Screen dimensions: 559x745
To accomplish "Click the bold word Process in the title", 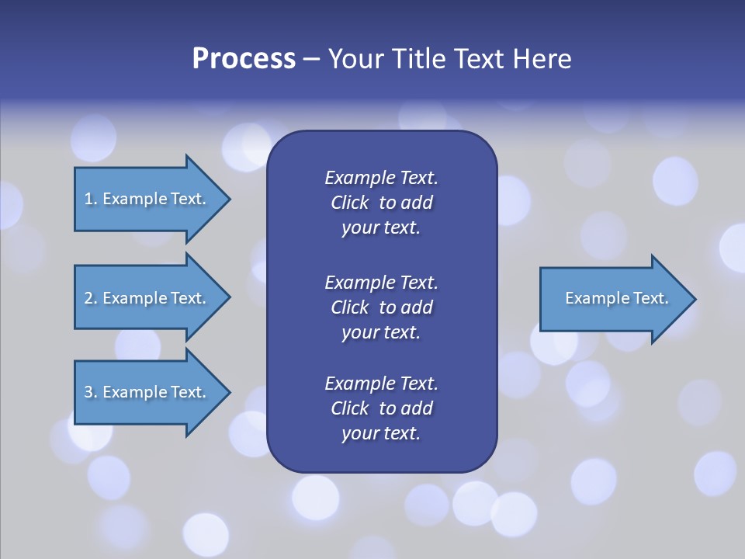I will coord(244,59).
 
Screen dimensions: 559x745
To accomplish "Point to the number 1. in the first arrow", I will coord(91,199).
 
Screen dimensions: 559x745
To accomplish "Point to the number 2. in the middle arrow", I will coord(91,298).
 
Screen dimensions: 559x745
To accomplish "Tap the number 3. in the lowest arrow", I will coord(91,392).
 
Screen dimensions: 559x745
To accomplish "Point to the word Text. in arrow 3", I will coord(189,392).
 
